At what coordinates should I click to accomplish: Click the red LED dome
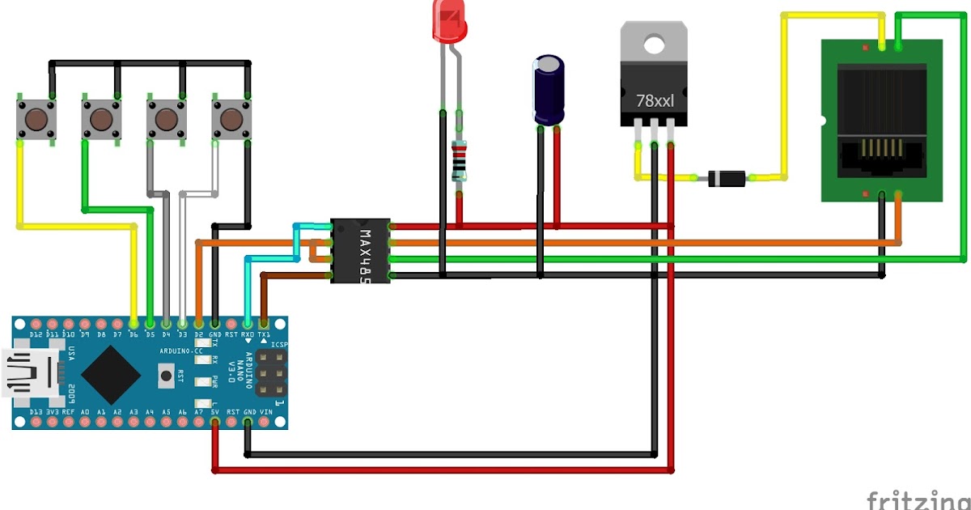point(449,21)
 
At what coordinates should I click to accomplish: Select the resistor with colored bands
point(460,159)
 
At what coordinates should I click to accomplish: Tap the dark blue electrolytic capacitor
point(547,90)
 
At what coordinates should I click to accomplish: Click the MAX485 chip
point(360,250)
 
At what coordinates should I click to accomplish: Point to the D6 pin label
point(134,334)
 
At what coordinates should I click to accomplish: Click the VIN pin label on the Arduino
point(265,412)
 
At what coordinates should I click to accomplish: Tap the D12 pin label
point(36,334)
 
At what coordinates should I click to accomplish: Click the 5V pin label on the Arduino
point(214,412)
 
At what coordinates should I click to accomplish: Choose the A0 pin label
point(85,412)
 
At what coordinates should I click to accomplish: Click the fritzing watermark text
point(918,499)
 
